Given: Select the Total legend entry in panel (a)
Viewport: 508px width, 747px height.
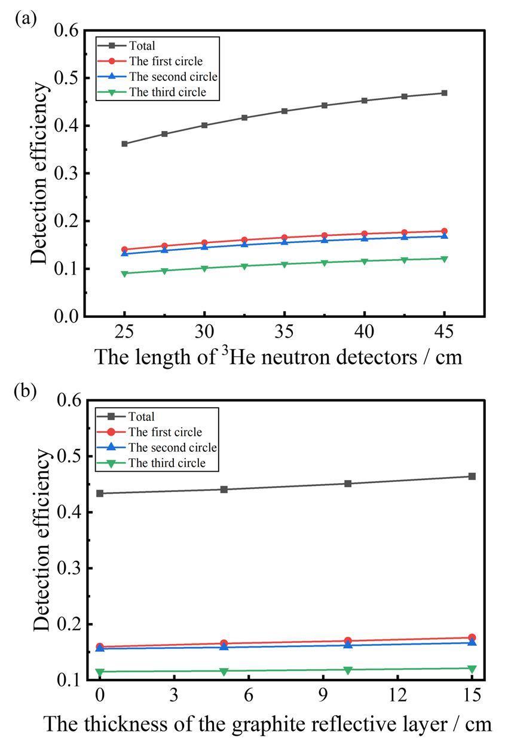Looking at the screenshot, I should coord(142,45).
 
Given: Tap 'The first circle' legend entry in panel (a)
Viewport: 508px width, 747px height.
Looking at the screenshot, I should coord(166,60).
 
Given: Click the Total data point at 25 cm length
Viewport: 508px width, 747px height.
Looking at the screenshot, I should coord(125,144).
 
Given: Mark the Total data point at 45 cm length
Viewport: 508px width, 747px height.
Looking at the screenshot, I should coord(444,93).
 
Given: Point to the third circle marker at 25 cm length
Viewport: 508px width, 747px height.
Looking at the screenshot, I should coord(125,274).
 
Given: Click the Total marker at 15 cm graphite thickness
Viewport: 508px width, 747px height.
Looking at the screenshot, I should coord(472,476).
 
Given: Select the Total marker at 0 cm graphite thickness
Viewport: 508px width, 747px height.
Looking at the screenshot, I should coord(100,493).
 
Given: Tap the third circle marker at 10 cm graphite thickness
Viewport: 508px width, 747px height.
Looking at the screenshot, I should coord(348,670).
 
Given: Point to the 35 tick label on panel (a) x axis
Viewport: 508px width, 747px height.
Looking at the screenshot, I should coord(284,332).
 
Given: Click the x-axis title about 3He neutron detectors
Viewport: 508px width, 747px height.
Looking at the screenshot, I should coord(279,357).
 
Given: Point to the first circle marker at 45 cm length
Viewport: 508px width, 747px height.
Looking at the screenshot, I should coord(444,231).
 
